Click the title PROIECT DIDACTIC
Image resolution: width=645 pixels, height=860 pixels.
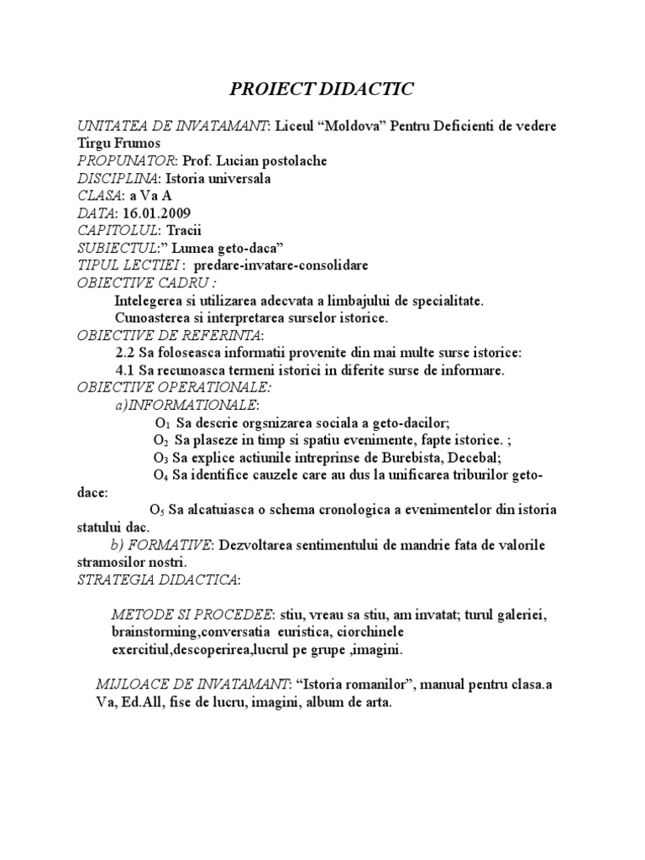(322, 90)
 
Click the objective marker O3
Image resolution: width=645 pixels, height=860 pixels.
(160, 459)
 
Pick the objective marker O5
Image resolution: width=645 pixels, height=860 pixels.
(156, 511)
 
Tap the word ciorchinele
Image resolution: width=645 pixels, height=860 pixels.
(368, 632)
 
